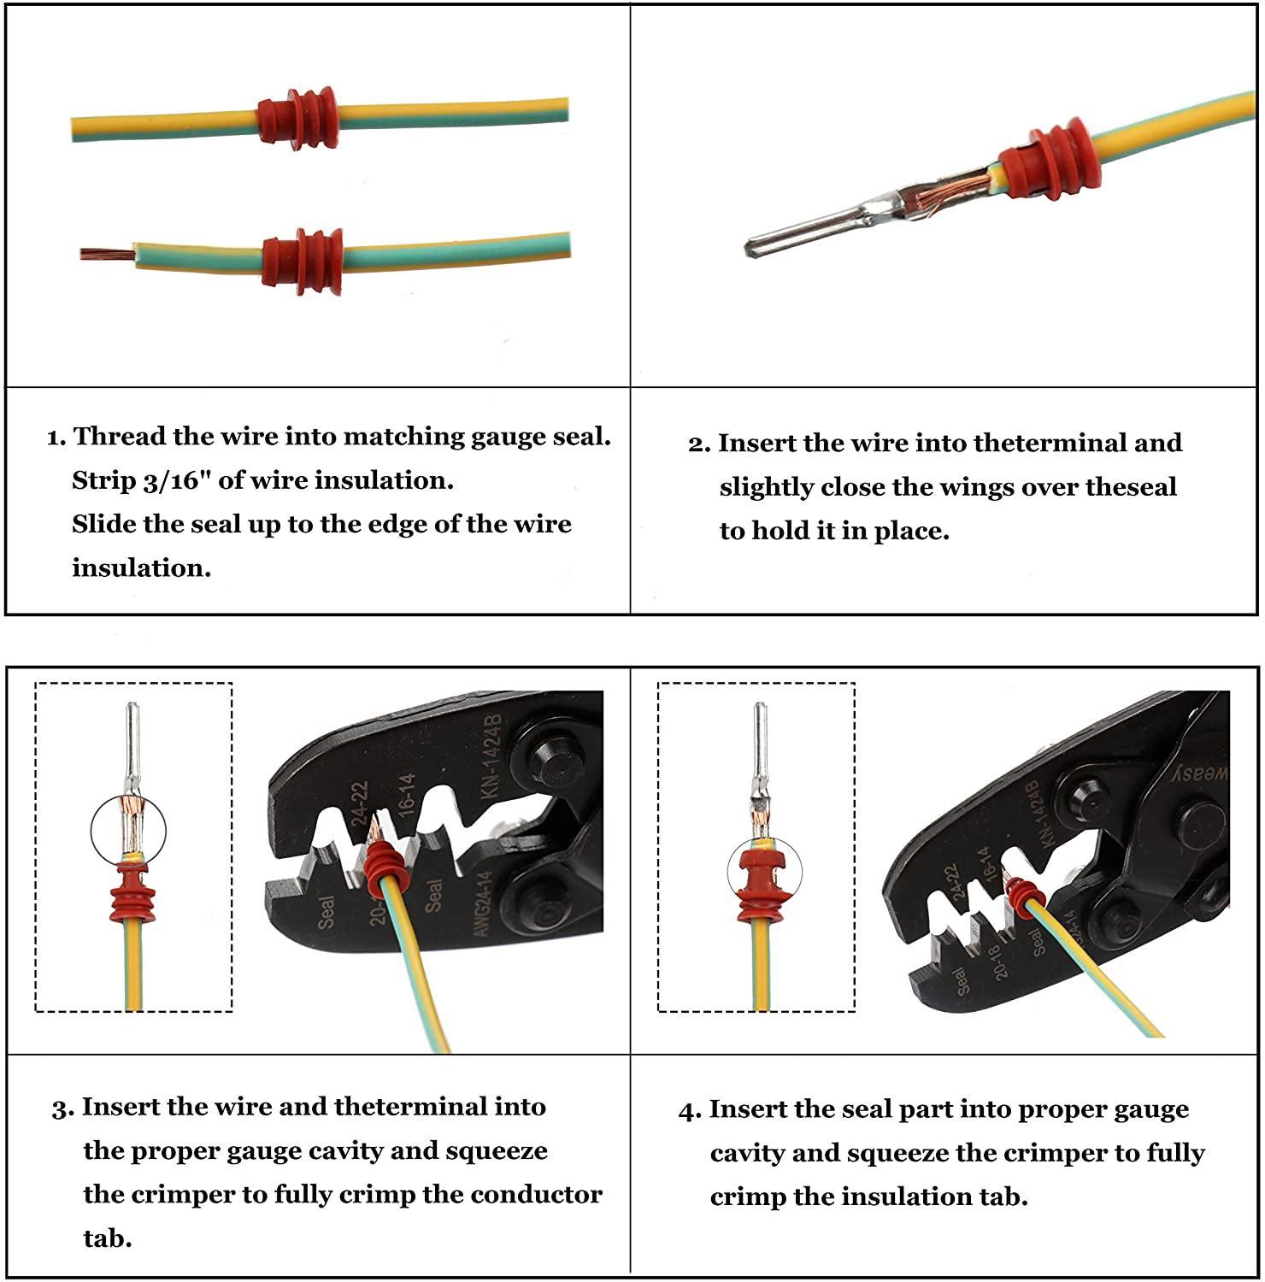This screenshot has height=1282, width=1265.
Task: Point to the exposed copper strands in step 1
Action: tap(108, 253)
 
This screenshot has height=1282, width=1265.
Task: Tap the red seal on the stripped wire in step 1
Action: tap(303, 261)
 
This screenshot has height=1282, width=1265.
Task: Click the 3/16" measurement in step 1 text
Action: tap(168, 480)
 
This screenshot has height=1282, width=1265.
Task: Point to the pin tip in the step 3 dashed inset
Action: tap(132, 708)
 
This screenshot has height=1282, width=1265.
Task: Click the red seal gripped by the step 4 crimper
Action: tap(1022, 896)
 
